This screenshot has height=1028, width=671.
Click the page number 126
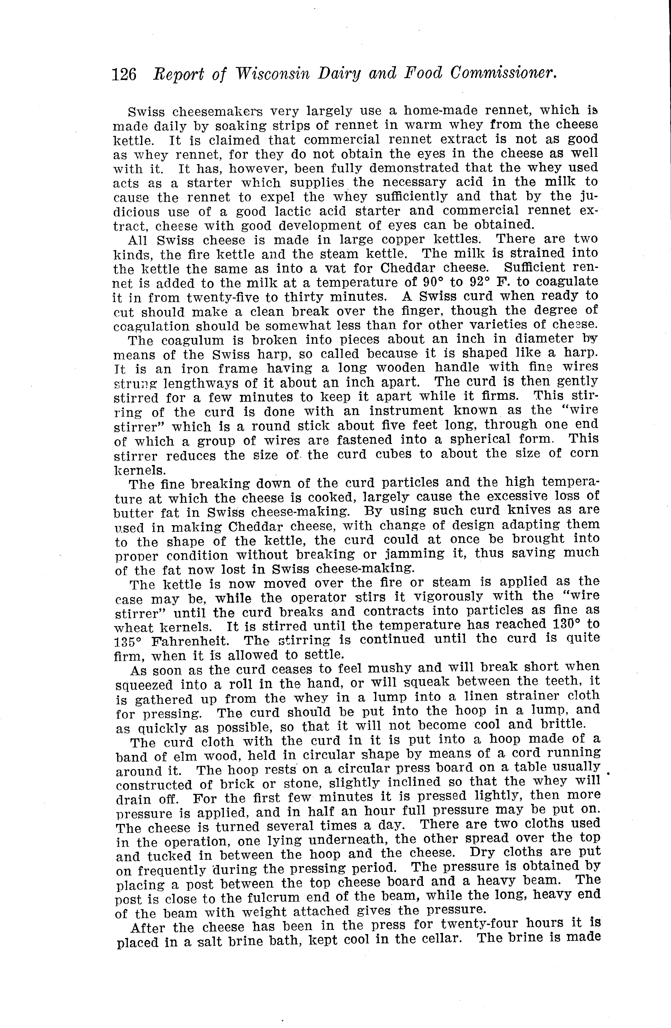point(124,74)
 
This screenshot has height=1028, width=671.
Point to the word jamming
point(415,554)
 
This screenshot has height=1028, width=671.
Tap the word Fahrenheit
point(188,641)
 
